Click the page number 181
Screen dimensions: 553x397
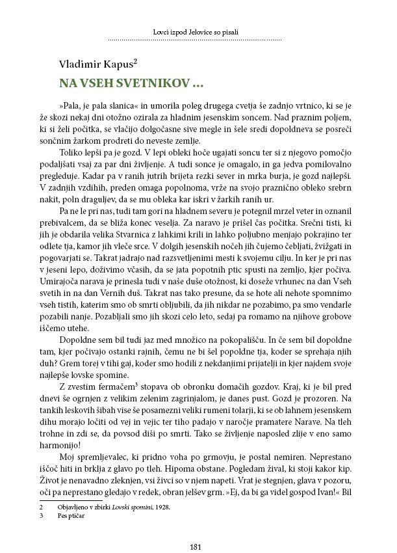(x=198, y=528)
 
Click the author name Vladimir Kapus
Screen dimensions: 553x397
(x=101, y=64)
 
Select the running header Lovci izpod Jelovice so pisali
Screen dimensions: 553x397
(x=198, y=31)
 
